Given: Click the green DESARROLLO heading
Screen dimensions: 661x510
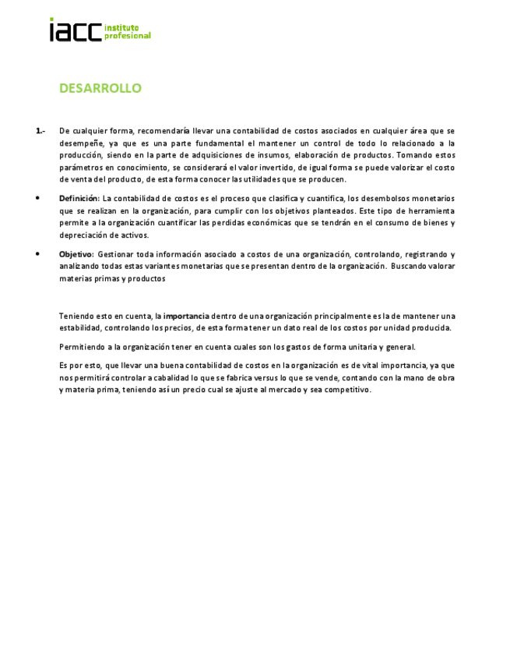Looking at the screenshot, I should click(100, 88).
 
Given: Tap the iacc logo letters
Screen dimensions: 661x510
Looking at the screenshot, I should click(76, 30).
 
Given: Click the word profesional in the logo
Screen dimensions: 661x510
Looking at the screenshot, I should click(128, 36).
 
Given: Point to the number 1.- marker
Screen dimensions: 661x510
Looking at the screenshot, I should click(40, 131).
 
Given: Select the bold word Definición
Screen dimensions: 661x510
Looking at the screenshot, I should click(79, 198).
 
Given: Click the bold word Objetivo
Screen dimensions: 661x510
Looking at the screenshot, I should click(76, 254).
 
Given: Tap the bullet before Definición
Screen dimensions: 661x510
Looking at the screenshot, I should click(38, 198).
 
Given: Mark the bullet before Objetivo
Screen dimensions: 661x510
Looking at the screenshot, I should click(38, 254).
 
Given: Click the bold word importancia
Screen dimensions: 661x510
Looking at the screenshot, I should click(186, 316).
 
